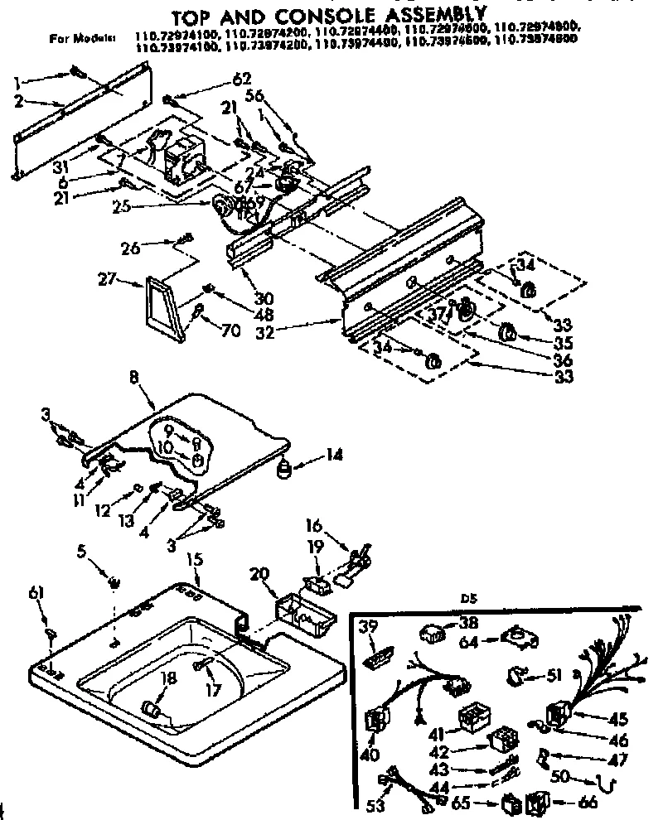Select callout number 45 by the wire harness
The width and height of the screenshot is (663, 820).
click(x=619, y=719)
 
